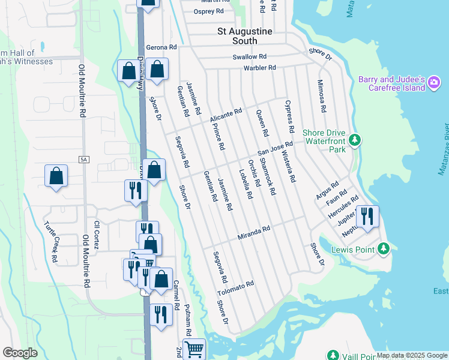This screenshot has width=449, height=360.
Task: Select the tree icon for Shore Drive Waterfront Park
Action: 355,140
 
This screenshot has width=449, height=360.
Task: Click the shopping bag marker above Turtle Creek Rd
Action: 56,176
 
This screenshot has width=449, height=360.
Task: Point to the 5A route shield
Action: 83,159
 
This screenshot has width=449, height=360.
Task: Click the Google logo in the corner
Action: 20,353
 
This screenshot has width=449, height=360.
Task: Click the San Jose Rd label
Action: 275,148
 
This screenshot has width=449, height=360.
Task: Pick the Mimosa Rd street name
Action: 322,96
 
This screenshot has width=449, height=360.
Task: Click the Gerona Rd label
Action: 161,47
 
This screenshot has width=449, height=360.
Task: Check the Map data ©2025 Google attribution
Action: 411,355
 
